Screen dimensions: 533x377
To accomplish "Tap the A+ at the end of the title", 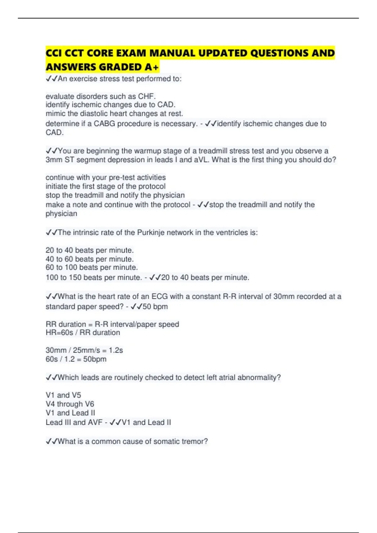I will [x=152, y=67].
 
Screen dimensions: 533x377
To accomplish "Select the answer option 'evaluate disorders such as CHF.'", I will [x=101, y=96].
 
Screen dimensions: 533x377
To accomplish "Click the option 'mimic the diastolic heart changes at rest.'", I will [x=114, y=113].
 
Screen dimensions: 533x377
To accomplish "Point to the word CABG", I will [x=104, y=124].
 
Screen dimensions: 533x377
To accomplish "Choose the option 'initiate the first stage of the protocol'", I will [x=105, y=186].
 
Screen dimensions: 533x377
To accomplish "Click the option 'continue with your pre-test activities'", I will [x=106, y=177].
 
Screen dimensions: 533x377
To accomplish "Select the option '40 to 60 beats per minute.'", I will [x=90, y=259].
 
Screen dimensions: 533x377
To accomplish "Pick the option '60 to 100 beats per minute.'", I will [x=91, y=267].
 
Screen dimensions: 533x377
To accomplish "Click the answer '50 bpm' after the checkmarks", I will [x=155, y=307].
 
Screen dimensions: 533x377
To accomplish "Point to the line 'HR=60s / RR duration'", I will [x=83, y=333].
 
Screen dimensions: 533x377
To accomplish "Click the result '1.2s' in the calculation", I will [x=116, y=350].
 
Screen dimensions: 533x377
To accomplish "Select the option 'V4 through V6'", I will [x=70, y=404].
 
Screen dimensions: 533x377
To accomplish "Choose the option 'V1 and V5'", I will [x=63, y=395].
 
